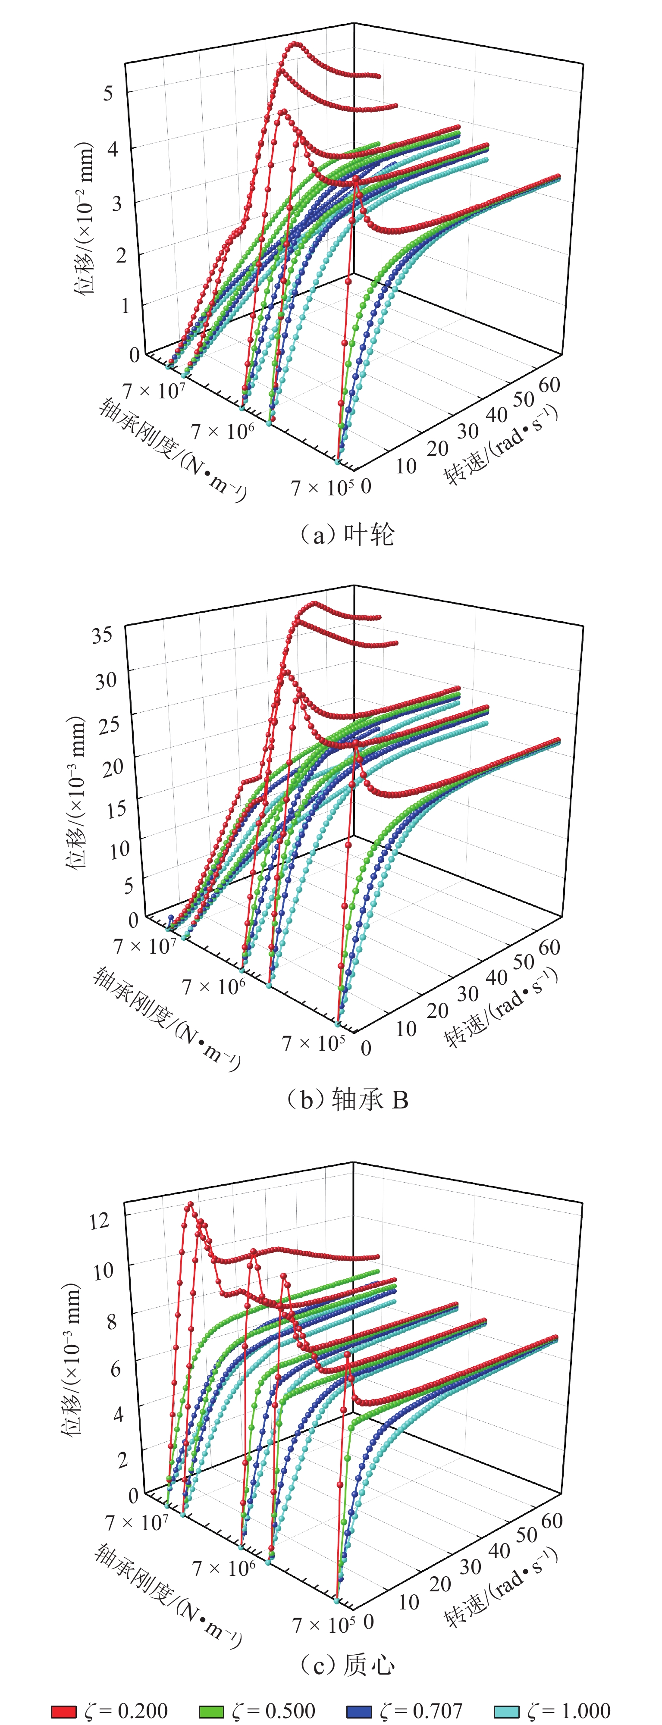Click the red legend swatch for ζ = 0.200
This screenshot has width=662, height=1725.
pyautogui.click(x=64, y=1711)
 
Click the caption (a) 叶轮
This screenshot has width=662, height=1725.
pyautogui.click(x=346, y=534)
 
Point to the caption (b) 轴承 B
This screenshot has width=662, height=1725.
pyautogui.click(x=346, y=1099)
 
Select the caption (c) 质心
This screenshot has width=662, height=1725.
pyautogui.click(x=346, y=1664)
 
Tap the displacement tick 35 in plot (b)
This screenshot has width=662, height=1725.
pyautogui.click(x=102, y=634)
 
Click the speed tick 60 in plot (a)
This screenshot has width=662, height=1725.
pyautogui.click(x=548, y=385)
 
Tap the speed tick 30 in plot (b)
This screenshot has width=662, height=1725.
pyautogui.click(x=467, y=993)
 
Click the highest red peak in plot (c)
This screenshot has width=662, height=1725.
pyautogui.click(x=190, y=1204)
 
